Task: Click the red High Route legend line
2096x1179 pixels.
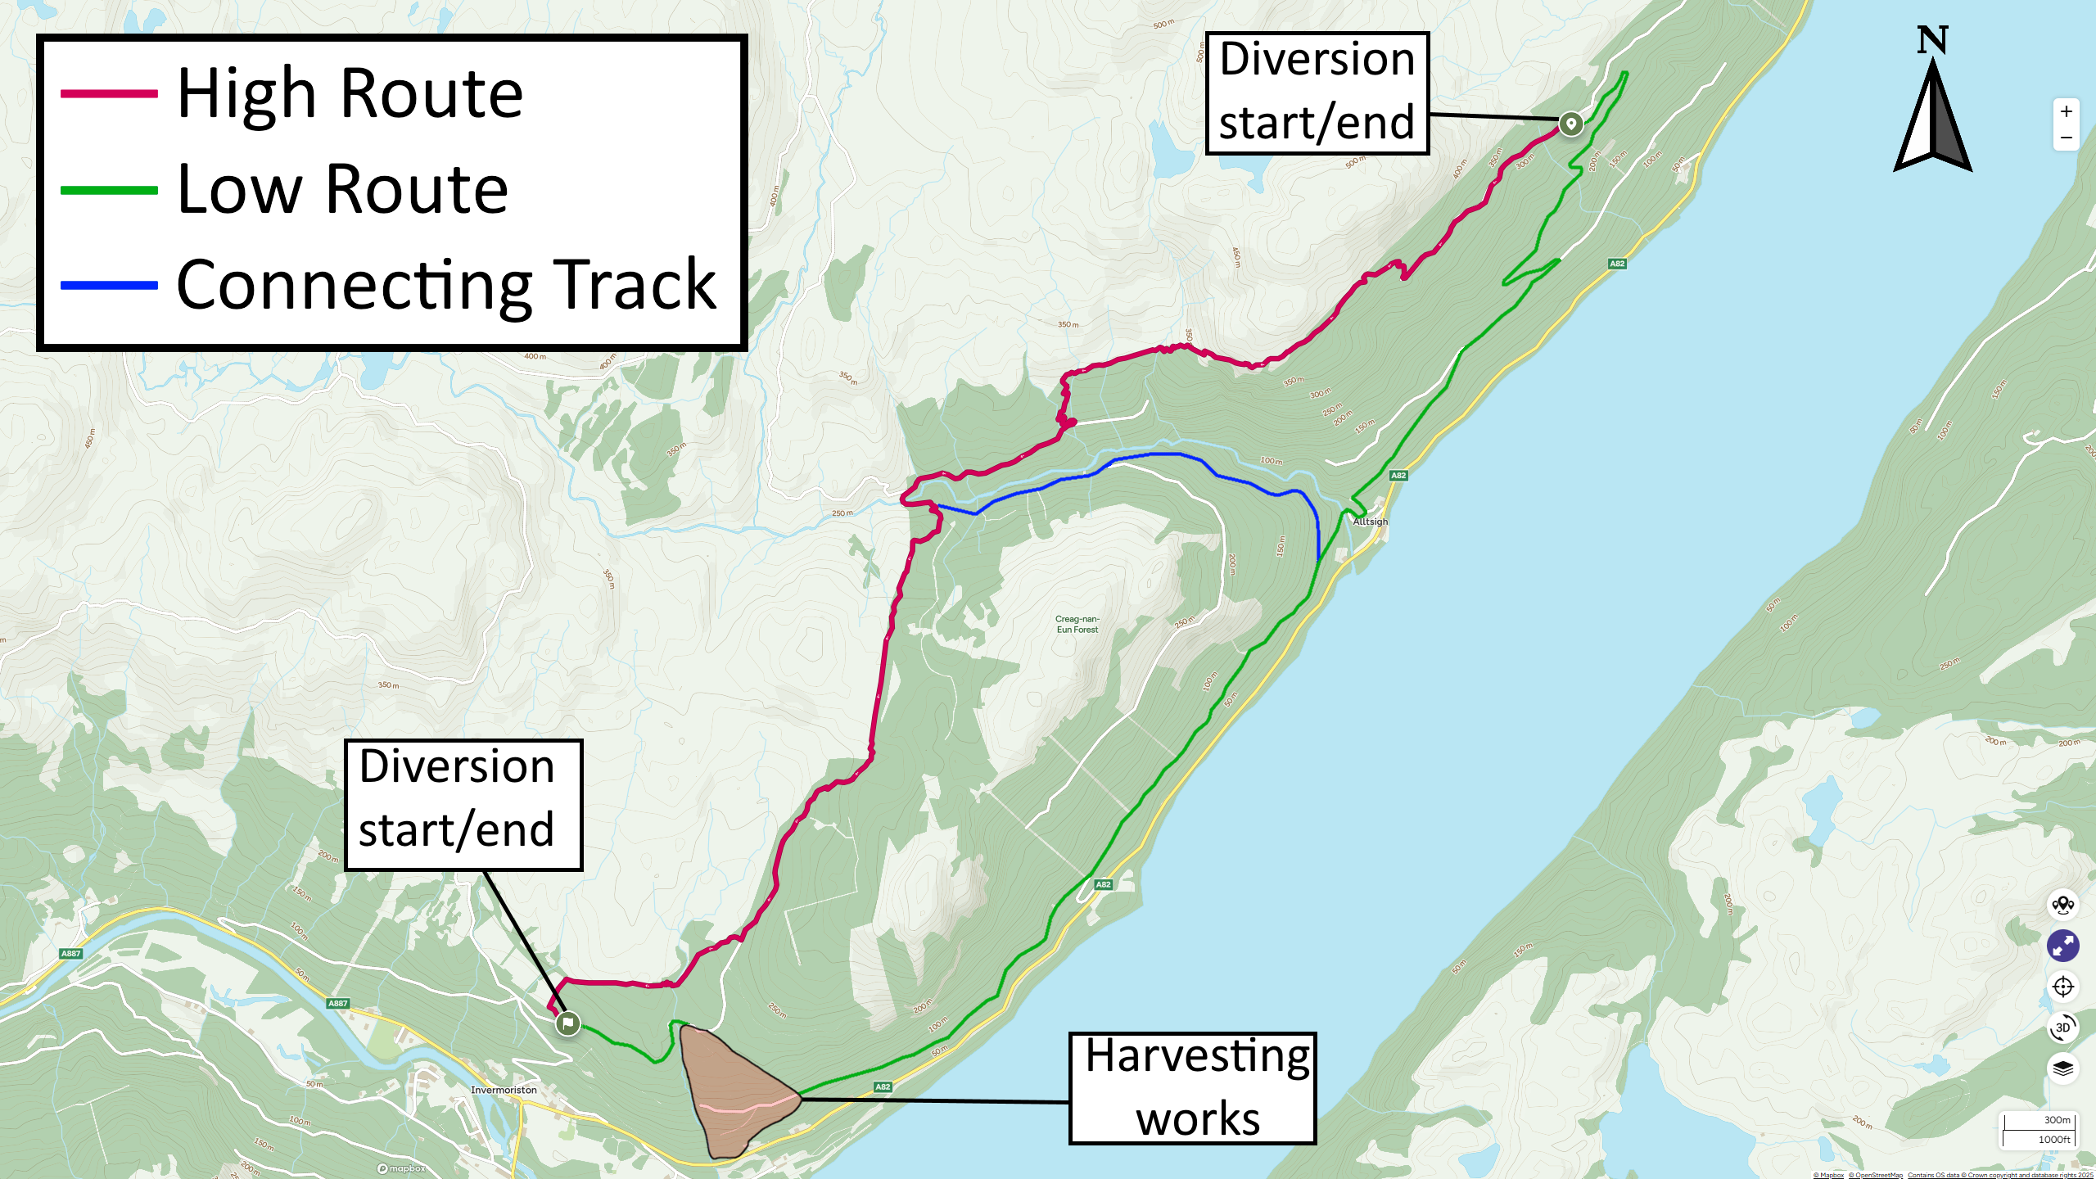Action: click(x=109, y=94)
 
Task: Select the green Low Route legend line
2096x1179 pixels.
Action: click(x=109, y=190)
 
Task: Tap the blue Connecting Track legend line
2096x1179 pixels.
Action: click(x=109, y=286)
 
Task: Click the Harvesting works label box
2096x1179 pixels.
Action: click(x=1192, y=1088)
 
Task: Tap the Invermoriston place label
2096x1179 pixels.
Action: click(x=504, y=1090)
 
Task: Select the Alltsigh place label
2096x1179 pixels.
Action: click(x=1370, y=522)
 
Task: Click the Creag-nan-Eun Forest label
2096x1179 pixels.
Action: click(x=1077, y=625)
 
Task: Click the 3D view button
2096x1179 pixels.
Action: click(x=2062, y=1028)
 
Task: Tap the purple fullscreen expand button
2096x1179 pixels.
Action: click(x=2062, y=946)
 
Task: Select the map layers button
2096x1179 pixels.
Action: click(x=2062, y=1068)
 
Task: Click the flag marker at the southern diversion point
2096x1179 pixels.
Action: click(x=567, y=1023)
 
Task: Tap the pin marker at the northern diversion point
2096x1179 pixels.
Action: click(x=1570, y=124)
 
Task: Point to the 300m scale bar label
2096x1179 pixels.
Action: click(x=2057, y=1120)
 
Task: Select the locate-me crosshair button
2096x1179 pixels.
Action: click(x=2062, y=987)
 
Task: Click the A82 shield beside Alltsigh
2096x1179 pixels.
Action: click(x=1398, y=476)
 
